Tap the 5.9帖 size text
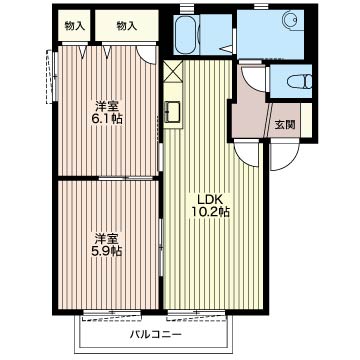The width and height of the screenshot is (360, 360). [x=107, y=252]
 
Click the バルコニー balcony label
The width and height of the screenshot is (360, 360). [x=157, y=335]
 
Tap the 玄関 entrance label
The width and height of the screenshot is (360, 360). [x=285, y=125]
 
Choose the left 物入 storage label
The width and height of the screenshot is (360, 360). [x=74, y=26]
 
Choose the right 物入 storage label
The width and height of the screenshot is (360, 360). [x=127, y=26]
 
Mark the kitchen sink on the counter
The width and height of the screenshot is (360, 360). [x=171, y=111]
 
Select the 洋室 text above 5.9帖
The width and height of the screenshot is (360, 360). [x=107, y=238]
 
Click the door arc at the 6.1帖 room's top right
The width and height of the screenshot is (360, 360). [x=145, y=56]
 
